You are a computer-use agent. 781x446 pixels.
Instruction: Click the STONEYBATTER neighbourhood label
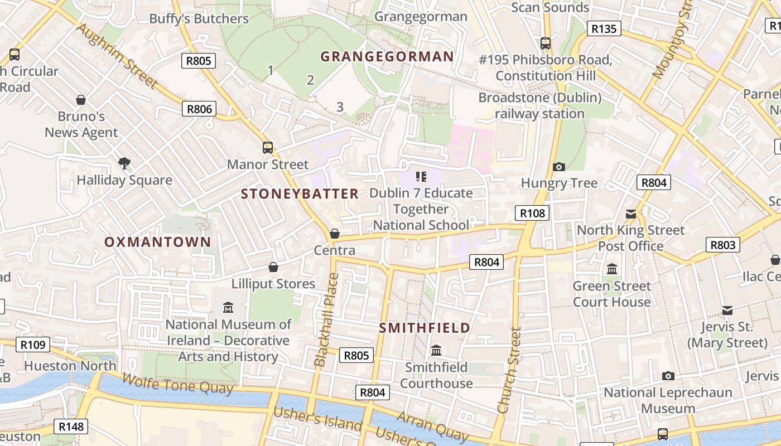point(300,194)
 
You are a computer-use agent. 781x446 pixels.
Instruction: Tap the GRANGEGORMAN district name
point(387,56)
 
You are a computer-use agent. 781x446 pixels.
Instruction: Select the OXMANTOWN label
point(158,242)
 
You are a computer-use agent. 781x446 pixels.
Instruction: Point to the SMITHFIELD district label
point(425,328)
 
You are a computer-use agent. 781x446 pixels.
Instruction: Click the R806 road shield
point(199,109)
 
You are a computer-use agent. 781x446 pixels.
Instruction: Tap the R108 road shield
point(532,213)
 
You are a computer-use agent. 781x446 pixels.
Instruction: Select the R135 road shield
point(604,28)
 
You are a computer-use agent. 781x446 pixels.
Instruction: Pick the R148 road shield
point(71,427)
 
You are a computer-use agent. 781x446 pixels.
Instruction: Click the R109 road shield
point(33,345)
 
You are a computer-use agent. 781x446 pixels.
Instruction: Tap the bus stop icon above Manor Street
point(268,148)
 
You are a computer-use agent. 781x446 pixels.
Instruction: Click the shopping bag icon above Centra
point(335,234)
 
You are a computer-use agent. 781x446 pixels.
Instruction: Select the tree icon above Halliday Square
point(124,163)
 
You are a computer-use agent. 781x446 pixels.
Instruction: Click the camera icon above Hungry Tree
point(558,167)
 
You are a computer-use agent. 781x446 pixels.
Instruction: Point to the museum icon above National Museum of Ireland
point(228,307)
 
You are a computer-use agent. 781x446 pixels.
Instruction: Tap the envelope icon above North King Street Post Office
point(631,214)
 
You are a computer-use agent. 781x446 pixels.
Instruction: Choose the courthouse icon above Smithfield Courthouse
point(436,350)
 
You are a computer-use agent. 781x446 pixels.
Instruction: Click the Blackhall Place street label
point(326,319)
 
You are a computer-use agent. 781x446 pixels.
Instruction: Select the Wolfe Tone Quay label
point(177,384)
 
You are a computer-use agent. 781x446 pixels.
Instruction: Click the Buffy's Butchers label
point(199,19)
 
